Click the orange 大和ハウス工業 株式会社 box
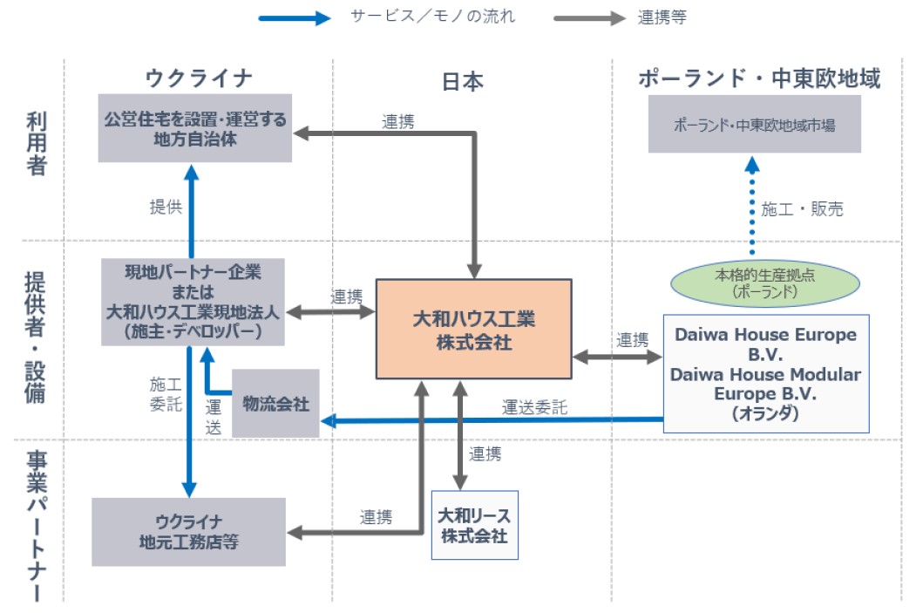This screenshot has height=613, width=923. coord(473,329)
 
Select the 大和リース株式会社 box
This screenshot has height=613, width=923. coord(474,524)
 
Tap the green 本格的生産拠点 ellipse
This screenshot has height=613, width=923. coord(764,283)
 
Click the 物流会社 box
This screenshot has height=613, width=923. coord(275,402)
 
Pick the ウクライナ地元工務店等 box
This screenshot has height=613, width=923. coord(188,532)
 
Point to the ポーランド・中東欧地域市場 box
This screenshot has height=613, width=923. coord(755,125)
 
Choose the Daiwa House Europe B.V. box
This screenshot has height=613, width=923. coord(766,373)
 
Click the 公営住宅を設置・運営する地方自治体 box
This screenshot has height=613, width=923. coord(194,129)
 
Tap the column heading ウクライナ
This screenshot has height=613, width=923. coord(199,78)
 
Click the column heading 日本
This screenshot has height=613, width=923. coord(463,81)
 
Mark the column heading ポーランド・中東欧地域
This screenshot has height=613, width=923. coord(759,78)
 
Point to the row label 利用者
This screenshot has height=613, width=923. coord(36,144)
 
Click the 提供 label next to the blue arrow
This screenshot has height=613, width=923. coord(166,207)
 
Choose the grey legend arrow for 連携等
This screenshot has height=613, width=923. coord(589,17)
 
